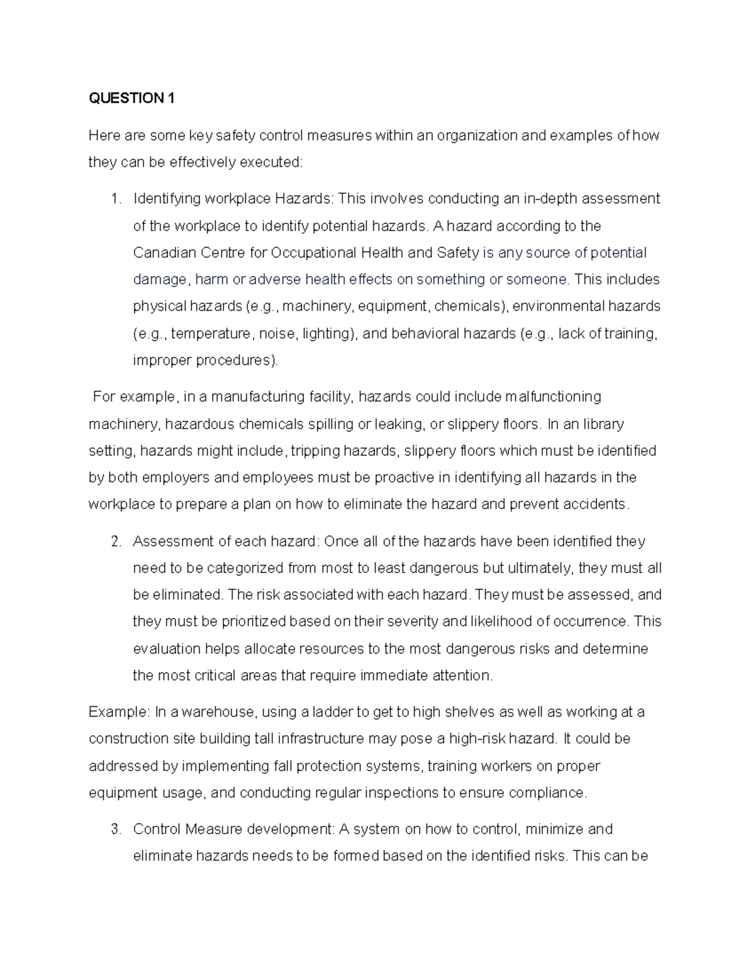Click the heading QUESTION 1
tap(131, 98)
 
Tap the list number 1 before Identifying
tap(115, 199)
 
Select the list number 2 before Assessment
tap(115, 542)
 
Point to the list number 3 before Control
tap(115, 829)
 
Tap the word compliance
tap(547, 793)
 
